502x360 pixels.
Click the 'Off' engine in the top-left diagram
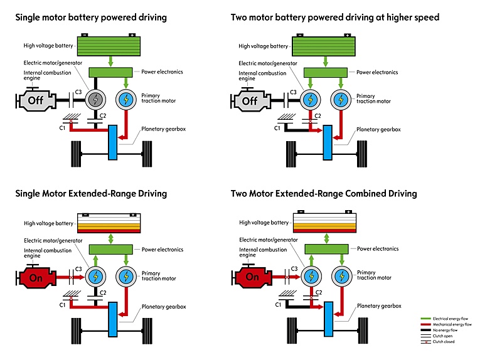[x=35, y=100]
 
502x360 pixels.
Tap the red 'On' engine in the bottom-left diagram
[x=35, y=277]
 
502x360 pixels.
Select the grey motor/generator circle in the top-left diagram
[x=97, y=100]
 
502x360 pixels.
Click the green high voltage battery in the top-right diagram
[x=325, y=46]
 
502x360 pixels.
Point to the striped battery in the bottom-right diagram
[x=325, y=223]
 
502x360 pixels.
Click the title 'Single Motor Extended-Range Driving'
[x=91, y=194]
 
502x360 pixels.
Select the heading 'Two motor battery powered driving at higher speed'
[x=335, y=18]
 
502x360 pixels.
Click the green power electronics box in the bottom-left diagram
[x=110, y=249]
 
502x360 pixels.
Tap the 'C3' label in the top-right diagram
[x=294, y=93]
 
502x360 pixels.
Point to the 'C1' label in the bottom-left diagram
[x=63, y=305]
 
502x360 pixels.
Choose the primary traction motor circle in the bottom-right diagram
[x=341, y=277]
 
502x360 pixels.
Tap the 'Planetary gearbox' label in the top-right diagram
[x=378, y=129]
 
